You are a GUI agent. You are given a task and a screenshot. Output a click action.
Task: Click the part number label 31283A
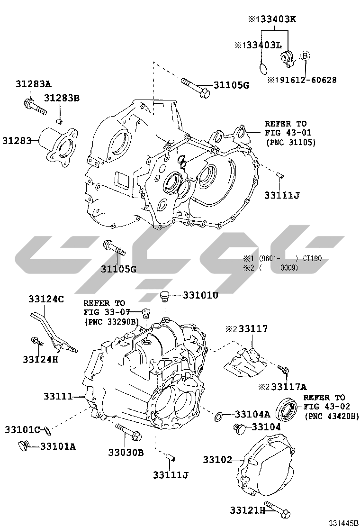click(33, 84)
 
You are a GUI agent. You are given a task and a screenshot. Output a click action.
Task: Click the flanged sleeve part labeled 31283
click(58, 147)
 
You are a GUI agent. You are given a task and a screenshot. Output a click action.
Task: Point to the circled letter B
click(305, 55)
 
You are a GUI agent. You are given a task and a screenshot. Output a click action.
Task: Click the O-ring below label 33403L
click(264, 68)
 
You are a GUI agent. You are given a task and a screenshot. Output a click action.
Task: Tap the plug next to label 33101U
click(164, 297)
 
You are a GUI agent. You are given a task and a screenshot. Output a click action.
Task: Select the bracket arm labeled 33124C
click(53, 332)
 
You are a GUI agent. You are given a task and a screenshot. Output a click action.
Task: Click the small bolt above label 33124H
click(37, 342)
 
